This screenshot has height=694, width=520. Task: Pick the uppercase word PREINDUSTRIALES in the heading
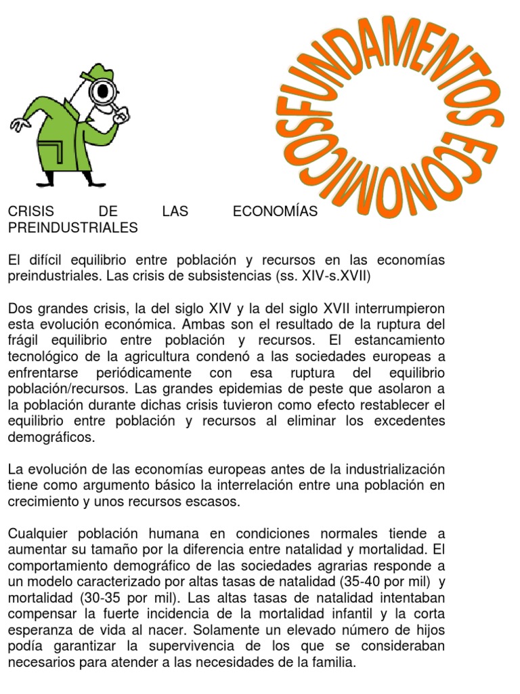coord(72,228)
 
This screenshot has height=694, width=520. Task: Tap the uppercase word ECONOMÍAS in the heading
coord(274,212)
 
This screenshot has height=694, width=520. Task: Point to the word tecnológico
coord(47,357)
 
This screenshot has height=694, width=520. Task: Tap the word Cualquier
coord(39,534)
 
